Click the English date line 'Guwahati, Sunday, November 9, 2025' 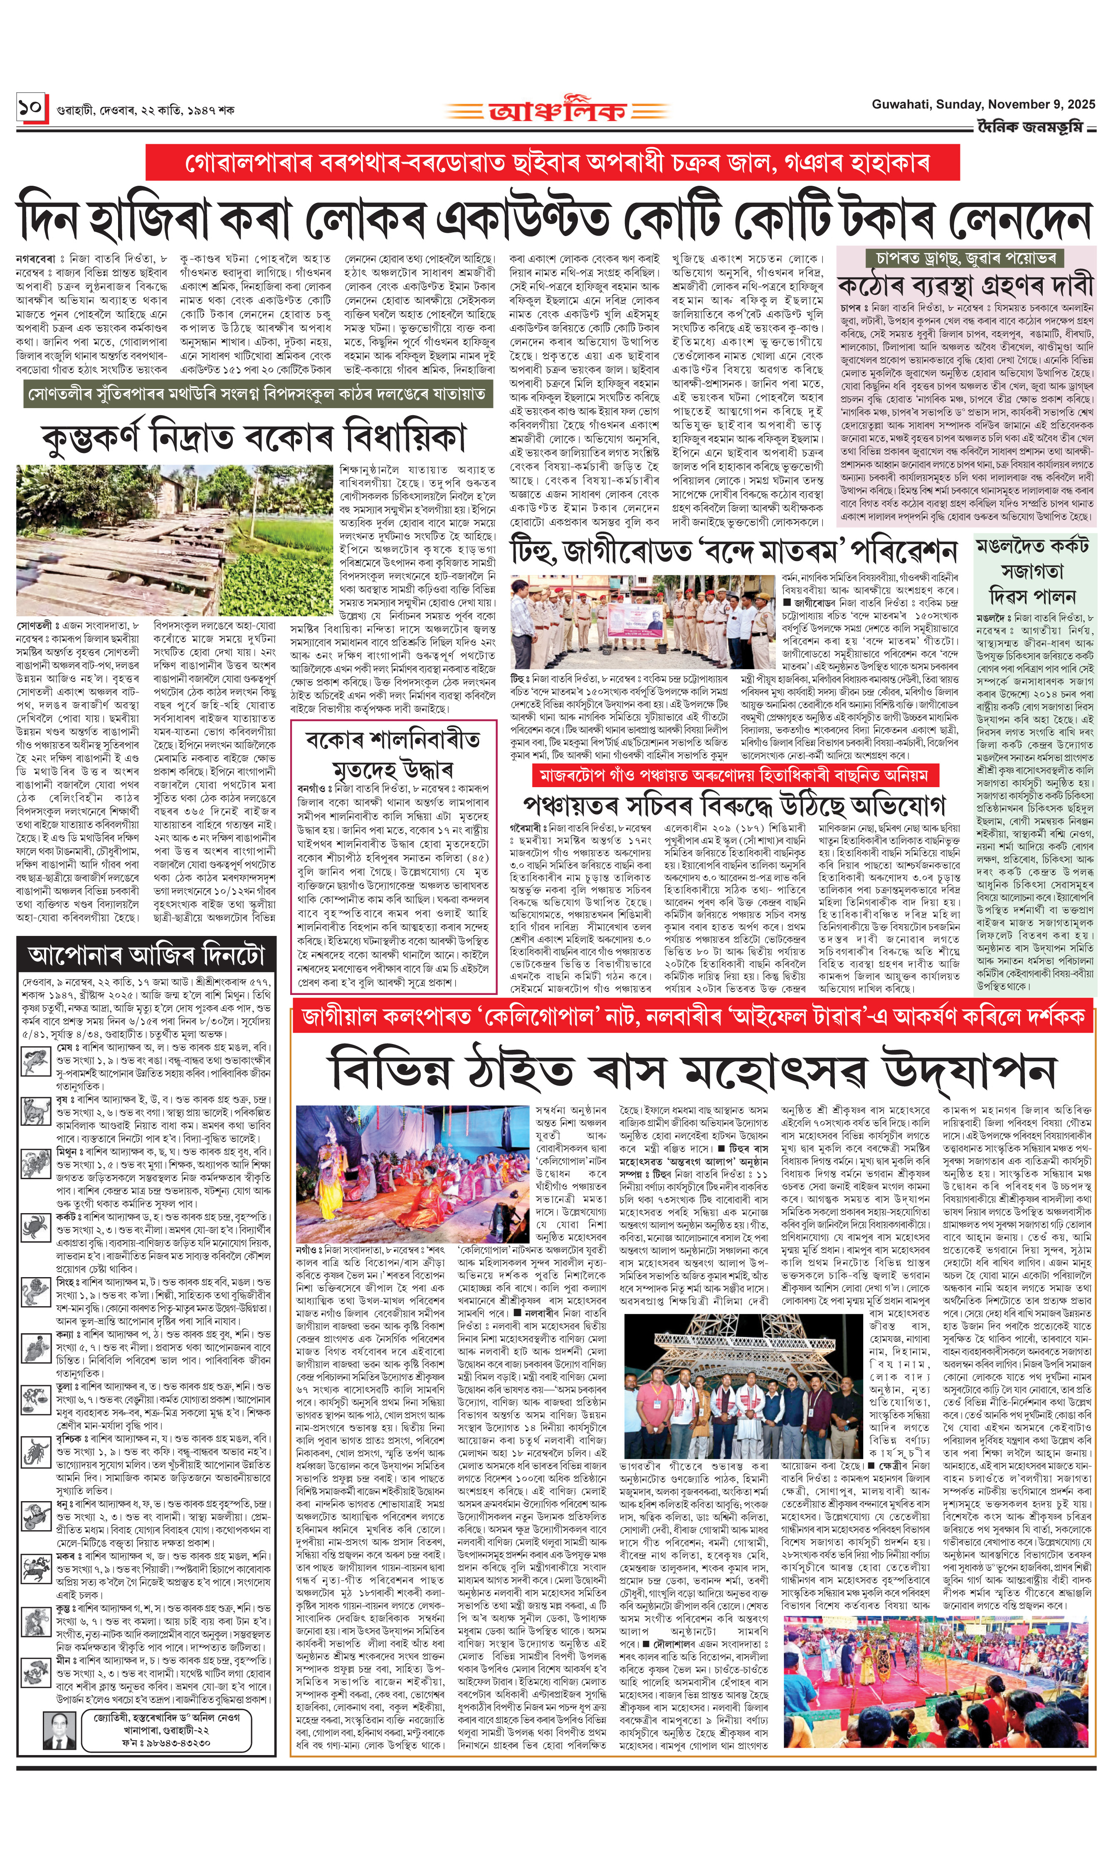pos(982,104)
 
